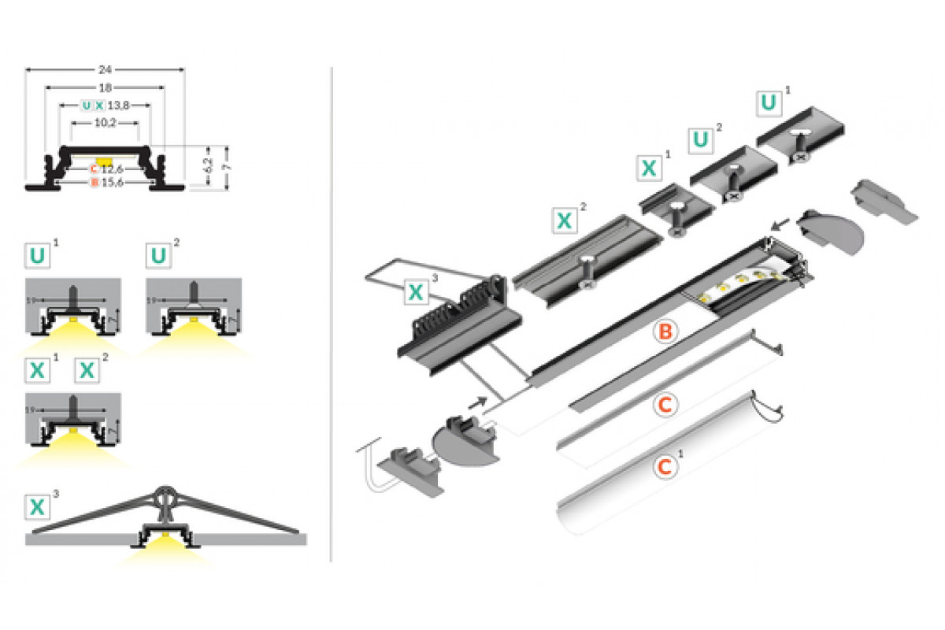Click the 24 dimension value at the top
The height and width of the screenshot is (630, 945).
[106, 68]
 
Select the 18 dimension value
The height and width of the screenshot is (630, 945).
[106, 86]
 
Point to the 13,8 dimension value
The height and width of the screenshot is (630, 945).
[118, 104]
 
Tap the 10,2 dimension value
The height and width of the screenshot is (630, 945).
[106, 122]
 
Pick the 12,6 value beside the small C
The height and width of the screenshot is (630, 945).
[112, 168]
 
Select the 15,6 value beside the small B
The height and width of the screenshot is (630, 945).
[112, 183]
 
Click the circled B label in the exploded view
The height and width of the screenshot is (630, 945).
[665, 332]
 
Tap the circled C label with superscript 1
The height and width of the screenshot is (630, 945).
[665, 467]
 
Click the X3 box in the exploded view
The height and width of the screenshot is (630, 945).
[416, 293]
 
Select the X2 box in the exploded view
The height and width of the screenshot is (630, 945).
[564, 220]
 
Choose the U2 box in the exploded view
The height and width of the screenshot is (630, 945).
[701, 140]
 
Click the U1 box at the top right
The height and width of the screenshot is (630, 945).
[769, 102]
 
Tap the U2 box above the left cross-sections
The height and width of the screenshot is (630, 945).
[159, 256]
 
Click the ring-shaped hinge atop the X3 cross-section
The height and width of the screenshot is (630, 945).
[166, 495]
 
